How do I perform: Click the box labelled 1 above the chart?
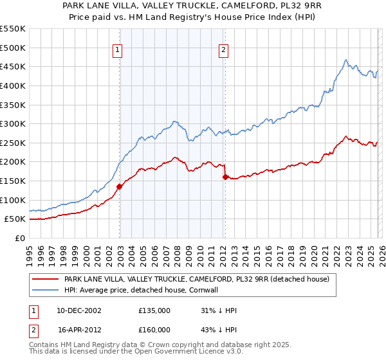tap(119, 51)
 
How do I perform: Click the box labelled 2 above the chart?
tap(223, 51)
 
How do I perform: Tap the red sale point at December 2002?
tap(120, 187)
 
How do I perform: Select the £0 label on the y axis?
tap(19, 238)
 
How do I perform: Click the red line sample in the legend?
tap(46, 279)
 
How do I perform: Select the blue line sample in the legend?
tap(46, 290)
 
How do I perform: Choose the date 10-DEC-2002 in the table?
tap(80, 310)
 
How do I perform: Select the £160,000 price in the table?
tap(154, 329)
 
